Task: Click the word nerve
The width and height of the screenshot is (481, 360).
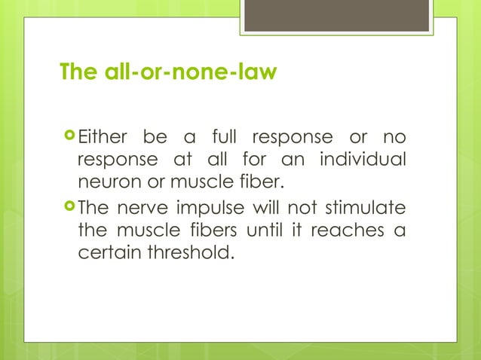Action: (141, 206)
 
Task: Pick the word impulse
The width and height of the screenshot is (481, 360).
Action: (209, 206)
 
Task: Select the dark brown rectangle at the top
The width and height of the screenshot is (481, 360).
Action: (337, 15)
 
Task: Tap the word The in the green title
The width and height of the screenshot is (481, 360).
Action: (76, 73)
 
